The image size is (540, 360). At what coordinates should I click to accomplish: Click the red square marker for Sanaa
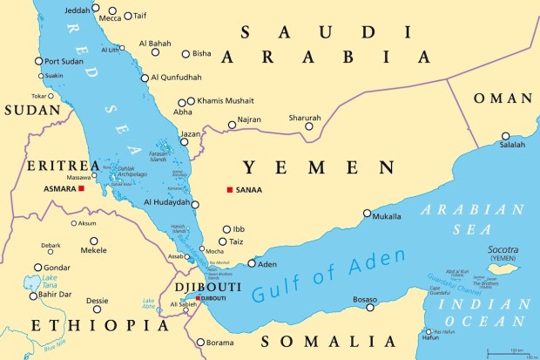pyautogui.click(x=229, y=190)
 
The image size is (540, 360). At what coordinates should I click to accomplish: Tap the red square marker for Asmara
pyautogui.click(x=81, y=188)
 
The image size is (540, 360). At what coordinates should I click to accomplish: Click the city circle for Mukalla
pyautogui.click(x=367, y=214)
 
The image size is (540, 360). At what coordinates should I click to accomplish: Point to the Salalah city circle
pyautogui.click(x=506, y=136)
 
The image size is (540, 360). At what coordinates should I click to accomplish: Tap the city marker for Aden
pyautogui.click(x=252, y=263)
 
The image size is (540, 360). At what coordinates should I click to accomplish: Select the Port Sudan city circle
pyautogui.click(x=38, y=61)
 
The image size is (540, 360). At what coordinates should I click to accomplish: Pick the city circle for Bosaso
pyautogui.click(x=370, y=307)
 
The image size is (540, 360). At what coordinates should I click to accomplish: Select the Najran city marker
pyautogui.click(x=232, y=126)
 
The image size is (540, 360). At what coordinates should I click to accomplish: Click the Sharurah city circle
pyautogui.click(x=309, y=126)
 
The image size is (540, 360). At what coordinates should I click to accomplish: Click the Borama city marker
pyautogui.click(x=199, y=343)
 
